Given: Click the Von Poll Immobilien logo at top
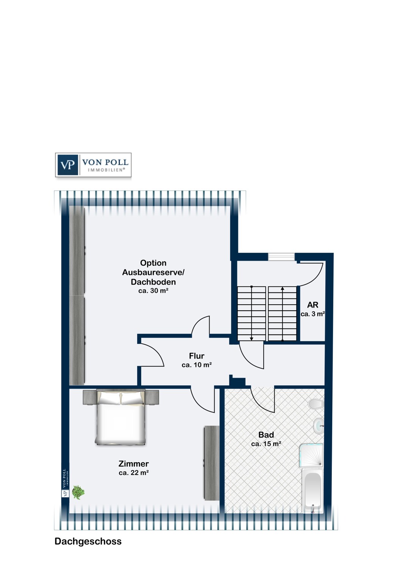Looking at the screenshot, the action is tap(93, 165).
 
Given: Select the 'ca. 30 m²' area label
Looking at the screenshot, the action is tap(153, 291).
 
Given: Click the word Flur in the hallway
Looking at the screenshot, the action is tap(196, 356).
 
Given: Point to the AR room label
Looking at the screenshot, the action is tap(312, 305).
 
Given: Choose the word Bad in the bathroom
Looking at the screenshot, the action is tap(266, 435).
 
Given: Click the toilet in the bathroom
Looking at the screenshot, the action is tap(316, 404).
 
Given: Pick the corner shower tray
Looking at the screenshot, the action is tap(311, 455).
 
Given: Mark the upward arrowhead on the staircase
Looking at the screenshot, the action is tap(283, 289).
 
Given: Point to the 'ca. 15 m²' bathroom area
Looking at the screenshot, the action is tap(266, 444).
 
